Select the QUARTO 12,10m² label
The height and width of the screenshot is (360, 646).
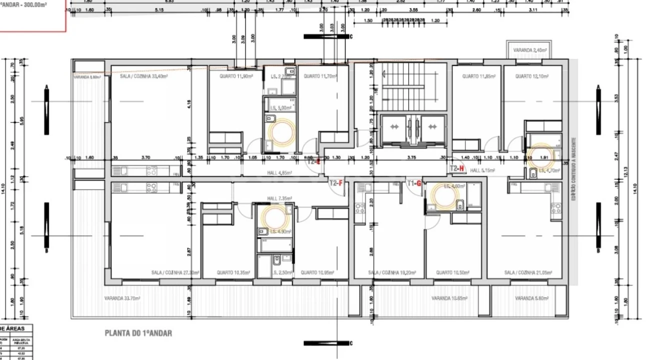pos(532,76)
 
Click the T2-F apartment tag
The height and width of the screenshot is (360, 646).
pos(336,183)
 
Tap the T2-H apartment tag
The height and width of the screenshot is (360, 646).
pos(457,169)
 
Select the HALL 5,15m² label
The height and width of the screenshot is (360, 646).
pos(482,170)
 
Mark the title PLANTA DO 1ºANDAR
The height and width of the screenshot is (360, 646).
pos(138,333)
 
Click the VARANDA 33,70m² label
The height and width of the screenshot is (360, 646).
pos(122,298)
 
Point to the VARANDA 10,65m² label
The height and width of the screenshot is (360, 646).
pos(449,298)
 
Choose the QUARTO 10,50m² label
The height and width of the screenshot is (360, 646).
pos(452,273)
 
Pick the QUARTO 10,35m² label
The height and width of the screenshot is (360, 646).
pos(233,273)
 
